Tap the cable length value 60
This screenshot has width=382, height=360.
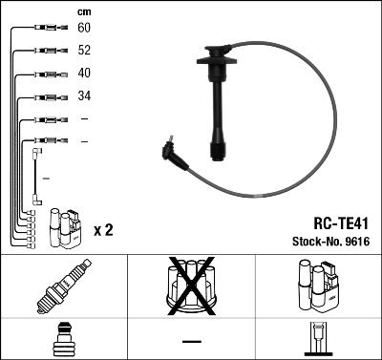(84, 30)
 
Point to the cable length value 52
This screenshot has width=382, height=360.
(84, 52)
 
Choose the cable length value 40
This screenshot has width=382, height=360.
(84, 74)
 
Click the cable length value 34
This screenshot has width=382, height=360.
(84, 96)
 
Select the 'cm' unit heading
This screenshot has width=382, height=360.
(83, 11)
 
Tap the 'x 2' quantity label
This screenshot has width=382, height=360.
(104, 231)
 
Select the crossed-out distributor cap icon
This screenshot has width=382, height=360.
(190, 286)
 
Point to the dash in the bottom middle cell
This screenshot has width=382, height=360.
(191, 340)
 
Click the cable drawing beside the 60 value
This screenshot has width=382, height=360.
(44, 30)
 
